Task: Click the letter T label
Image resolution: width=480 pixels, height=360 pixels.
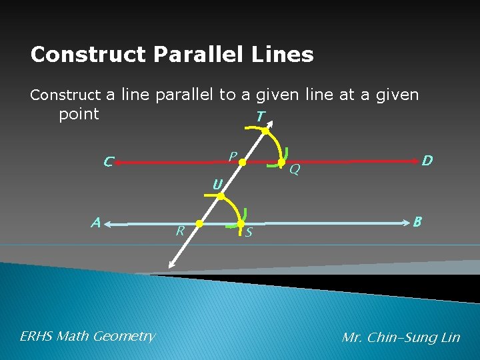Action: pyautogui.click(x=260, y=117)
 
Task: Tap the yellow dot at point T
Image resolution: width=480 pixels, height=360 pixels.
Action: pyautogui.click(x=265, y=131)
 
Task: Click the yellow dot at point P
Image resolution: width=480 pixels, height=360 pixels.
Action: pyautogui.click(x=243, y=162)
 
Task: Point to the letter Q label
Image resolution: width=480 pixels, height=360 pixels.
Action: pyautogui.click(x=294, y=171)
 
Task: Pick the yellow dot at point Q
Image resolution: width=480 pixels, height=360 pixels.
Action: pyautogui.click(x=281, y=162)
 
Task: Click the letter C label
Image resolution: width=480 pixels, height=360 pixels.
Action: pyautogui.click(x=109, y=161)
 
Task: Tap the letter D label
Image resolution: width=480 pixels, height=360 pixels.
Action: pyautogui.click(x=427, y=161)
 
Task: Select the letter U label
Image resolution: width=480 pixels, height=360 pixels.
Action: pyautogui.click(x=217, y=184)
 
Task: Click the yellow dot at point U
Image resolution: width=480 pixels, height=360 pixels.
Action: pyautogui.click(x=221, y=196)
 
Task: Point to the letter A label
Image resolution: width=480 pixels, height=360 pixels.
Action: pyautogui.click(x=97, y=223)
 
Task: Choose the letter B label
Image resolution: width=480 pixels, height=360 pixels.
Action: pyautogui.click(x=417, y=221)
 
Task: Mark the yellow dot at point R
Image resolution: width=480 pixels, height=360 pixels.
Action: pyautogui.click(x=199, y=224)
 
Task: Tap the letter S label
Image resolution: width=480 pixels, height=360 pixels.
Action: pyautogui.click(x=249, y=233)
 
